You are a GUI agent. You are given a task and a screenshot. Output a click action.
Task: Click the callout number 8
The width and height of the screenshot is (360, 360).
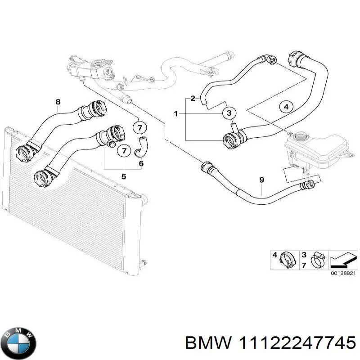click(58, 102)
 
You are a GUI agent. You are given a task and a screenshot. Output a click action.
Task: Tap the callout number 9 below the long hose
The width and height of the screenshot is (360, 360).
click(261, 180)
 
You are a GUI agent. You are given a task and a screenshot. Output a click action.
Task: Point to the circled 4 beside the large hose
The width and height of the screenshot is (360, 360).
click(286, 107)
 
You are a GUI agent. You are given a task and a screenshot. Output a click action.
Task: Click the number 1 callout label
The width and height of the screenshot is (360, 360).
click(176, 113)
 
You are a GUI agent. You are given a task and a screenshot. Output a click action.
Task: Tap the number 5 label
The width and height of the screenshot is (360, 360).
click(124, 175)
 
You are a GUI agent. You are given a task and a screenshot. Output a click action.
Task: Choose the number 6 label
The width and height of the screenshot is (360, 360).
click(141, 164)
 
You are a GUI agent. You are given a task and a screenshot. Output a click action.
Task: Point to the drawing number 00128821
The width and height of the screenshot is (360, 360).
click(342, 273)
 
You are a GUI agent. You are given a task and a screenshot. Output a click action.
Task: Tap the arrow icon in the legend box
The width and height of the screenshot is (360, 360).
click(342, 260)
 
